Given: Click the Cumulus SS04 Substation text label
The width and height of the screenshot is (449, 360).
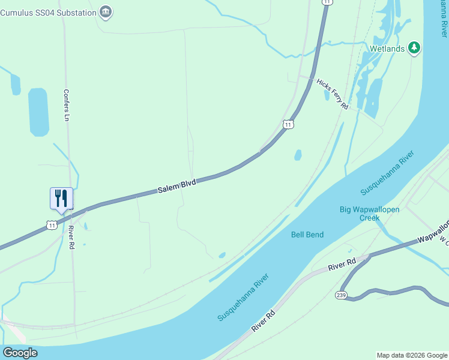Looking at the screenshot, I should (x=48, y=13).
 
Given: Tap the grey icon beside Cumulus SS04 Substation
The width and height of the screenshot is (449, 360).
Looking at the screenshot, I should (x=106, y=11).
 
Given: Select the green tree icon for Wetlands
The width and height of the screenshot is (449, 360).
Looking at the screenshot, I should (x=414, y=48).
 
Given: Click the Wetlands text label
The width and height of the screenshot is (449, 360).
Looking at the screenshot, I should (x=387, y=49).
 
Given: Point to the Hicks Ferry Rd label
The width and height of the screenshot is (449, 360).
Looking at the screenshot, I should (x=333, y=94).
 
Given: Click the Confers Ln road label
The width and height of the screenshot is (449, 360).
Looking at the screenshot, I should (x=67, y=106).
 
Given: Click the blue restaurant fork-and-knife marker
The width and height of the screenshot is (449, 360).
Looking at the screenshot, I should (x=61, y=199).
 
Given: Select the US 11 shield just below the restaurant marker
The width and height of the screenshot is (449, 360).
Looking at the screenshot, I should (x=52, y=225).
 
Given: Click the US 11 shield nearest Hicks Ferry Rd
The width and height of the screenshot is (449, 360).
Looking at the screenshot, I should (x=289, y=124).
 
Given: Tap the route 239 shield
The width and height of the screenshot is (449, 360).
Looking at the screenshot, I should (x=340, y=295).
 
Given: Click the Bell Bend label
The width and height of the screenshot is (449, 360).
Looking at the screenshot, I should (x=307, y=234).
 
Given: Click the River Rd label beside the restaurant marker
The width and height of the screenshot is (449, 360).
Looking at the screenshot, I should (x=71, y=237).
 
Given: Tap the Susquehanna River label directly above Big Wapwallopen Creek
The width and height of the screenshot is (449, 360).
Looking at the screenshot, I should (x=388, y=177).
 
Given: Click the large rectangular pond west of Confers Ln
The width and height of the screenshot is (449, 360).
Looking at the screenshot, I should (x=38, y=112).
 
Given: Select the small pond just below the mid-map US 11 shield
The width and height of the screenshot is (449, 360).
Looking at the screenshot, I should (x=298, y=155).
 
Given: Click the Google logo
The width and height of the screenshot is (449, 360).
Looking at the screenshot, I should (x=20, y=353).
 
